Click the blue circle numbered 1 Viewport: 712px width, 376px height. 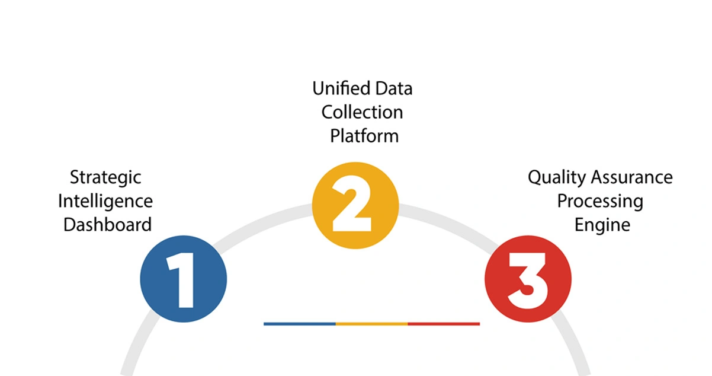(x=183, y=279)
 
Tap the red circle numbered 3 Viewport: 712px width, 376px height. (x=528, y=279)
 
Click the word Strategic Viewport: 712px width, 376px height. (x=105, y=177)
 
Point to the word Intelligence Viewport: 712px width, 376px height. (x=105, y=201)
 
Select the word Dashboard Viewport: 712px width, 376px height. (x=107, y=225)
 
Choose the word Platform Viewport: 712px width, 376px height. (x=364, y=136)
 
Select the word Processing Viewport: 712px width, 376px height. (x=599, y=202)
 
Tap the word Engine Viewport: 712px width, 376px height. (x=602, y=225)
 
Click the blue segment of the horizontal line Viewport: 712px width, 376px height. (x=300, y=324)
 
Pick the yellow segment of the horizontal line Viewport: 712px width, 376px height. (x=372, y=324)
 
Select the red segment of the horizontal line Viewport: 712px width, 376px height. (x=444, y=324)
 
